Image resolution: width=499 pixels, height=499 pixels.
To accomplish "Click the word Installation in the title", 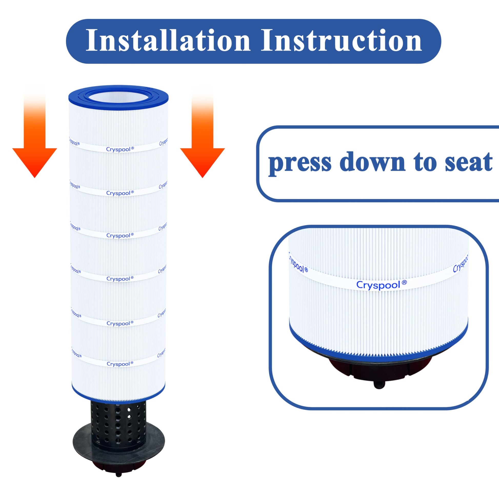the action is point(168,41).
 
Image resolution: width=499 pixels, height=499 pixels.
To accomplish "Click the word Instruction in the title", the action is point(342,41).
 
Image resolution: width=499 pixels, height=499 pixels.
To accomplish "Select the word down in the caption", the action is point(373,162).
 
